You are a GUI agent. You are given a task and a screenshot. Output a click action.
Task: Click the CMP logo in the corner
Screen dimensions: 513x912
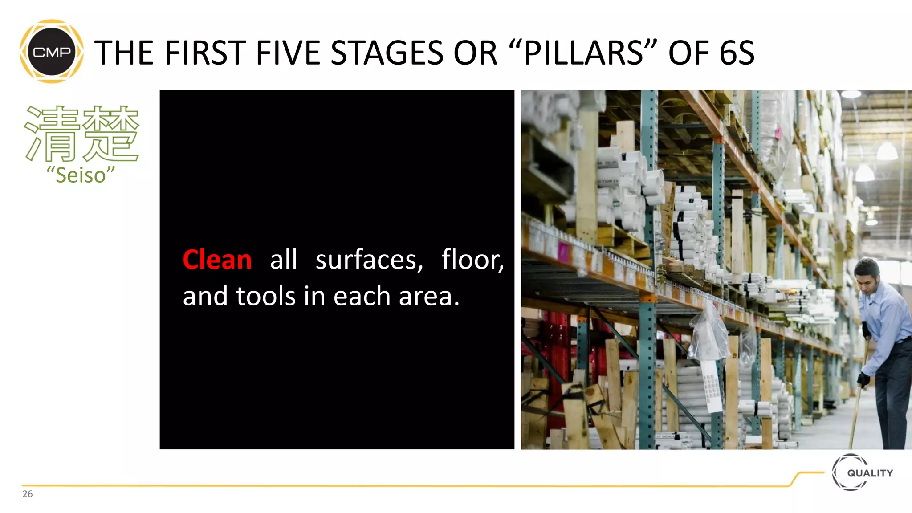[x=52, y=52]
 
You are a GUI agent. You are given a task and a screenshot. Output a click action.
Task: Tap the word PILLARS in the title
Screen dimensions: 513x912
[x=584, y=53]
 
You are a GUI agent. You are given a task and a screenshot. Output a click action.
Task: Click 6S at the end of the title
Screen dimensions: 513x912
[x=737, y=53]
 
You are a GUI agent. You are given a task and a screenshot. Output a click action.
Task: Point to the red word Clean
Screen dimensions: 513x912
[x=217, y=260]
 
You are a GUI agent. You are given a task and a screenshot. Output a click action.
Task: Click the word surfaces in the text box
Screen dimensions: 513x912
[x=369, y=260]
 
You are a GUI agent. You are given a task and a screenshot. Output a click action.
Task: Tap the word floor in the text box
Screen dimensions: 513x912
[x=472, y=260]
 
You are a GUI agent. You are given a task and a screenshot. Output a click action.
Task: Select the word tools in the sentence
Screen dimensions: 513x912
[x=265, y=296]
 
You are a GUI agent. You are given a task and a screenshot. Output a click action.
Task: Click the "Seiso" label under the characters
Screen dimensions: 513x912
[x=81, y=175]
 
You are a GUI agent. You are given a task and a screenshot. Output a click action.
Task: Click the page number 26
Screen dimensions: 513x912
[x=28, y=494]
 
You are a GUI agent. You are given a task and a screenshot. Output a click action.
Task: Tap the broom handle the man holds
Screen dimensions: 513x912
[x=857, y=401]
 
